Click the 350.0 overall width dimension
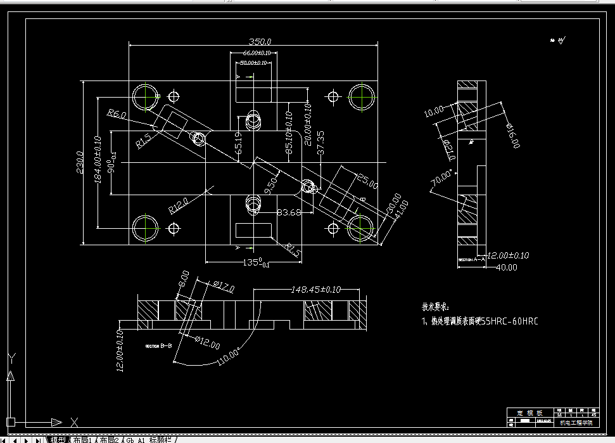(254, 42)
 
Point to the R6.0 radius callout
(117, 114)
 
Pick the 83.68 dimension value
(289, 212)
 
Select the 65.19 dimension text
(239, 144)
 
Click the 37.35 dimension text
(321, 143)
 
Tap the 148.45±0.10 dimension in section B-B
(316, 290)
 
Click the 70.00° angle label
(442, 179)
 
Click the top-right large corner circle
(360, 96)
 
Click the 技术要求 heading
(440, 306)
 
